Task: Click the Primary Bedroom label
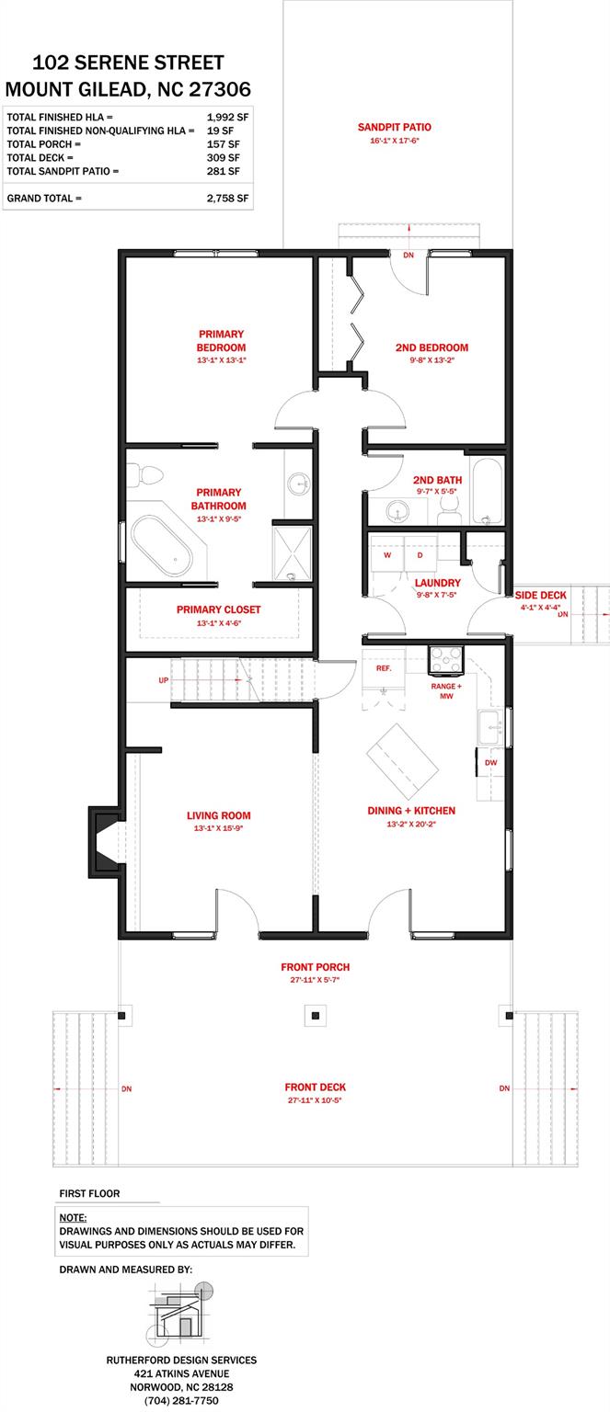(x=221, y=340)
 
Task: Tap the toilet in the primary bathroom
(x=145, y=475)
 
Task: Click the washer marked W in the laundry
(x=387, y=554)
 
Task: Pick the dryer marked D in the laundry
(x=420, y=554)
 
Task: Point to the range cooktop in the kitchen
(x=446, y=660)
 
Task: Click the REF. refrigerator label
(x=384, y=668)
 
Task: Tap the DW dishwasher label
(x=490, y=763)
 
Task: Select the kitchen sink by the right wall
(x=490, y=727)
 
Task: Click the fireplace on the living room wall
(x=104, y=841)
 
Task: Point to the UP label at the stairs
(x=164, y=680)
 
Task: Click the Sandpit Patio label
(x=395, y=128)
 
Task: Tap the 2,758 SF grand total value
(x=227, y=198)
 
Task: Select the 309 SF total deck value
(x=224, y=157)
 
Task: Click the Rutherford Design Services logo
(x=181, y=1312)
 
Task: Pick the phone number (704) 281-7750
(x=181, y=1401)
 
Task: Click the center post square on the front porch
(x=316, y=1016)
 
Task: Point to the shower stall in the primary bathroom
(x=292, y=553)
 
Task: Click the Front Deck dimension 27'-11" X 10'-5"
(x=315, y=1100)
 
